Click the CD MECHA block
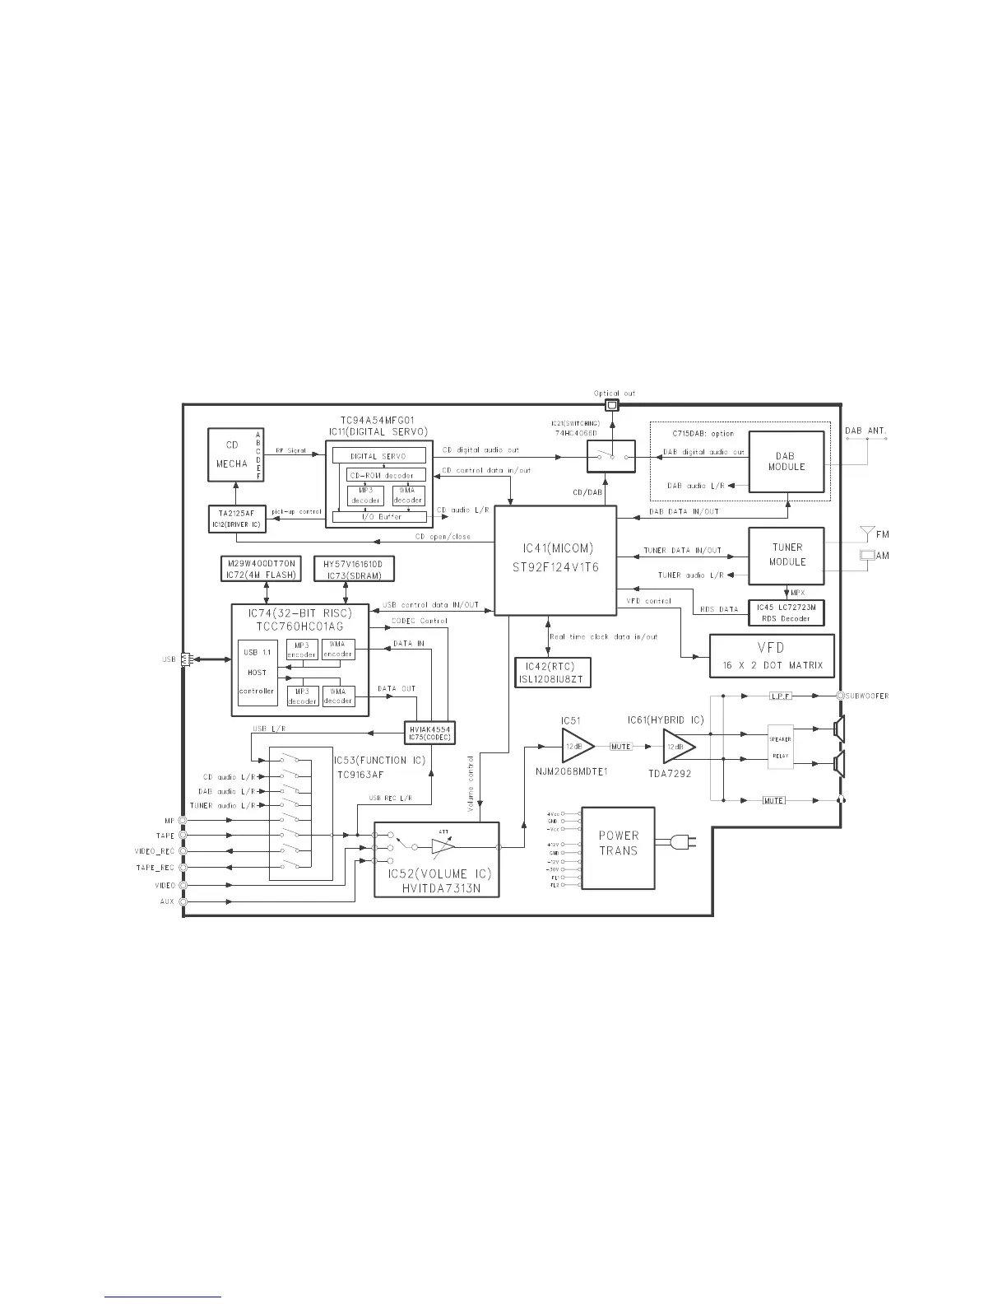234,454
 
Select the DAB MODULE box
786,462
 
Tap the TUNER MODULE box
787,555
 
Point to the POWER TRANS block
618,848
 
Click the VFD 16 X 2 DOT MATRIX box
771,656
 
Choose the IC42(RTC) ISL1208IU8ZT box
552,673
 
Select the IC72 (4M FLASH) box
261,569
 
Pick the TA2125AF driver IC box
238,518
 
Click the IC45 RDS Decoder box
785,612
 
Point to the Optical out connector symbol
611,406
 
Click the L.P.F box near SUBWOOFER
779,696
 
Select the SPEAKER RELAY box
781,747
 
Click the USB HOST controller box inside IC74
257,673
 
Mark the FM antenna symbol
865,533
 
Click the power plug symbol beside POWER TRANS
683,841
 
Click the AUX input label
167,901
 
